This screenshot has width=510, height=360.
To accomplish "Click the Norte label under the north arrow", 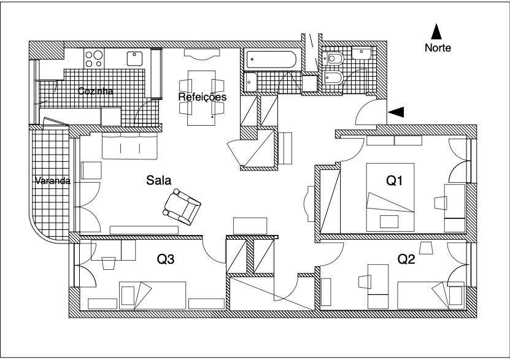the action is (x=438, y=48).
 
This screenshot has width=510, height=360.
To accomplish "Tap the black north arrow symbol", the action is (x=436, y=31).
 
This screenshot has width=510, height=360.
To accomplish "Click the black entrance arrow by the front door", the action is (x=396, y=112).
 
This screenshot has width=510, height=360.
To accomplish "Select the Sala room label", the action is (x=159, y=180).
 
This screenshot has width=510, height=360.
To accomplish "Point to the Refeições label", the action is (x=203, y=97).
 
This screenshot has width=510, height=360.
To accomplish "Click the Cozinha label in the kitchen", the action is (x=96, y=91).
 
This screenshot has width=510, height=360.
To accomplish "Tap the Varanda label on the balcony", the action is (x=53, y=181).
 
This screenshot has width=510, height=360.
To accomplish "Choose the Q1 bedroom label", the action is (x=394, y=180).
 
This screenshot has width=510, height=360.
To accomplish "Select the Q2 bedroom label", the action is (x=406, y=259).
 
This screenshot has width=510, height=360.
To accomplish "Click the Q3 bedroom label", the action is (x=166, y=259).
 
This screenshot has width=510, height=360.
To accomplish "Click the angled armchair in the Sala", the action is (x=182, y=207).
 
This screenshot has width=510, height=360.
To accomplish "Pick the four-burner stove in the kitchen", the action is (x=94, y=58).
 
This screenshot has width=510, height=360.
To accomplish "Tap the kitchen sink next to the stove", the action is (x=134, y=58).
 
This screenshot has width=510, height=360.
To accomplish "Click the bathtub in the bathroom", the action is (x=271, y=59).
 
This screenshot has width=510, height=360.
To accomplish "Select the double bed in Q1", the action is (x=390, y=197).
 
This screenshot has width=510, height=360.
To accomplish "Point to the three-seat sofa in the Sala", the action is (x=129, y=145).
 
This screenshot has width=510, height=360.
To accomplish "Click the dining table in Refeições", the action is (x=202, y=98).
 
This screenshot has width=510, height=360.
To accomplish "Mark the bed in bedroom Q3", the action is (x=153, y=296).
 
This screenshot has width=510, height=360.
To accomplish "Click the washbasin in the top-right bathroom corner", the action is (x=361, y=53).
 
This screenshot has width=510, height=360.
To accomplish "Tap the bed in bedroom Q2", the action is (x=431, y=296).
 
